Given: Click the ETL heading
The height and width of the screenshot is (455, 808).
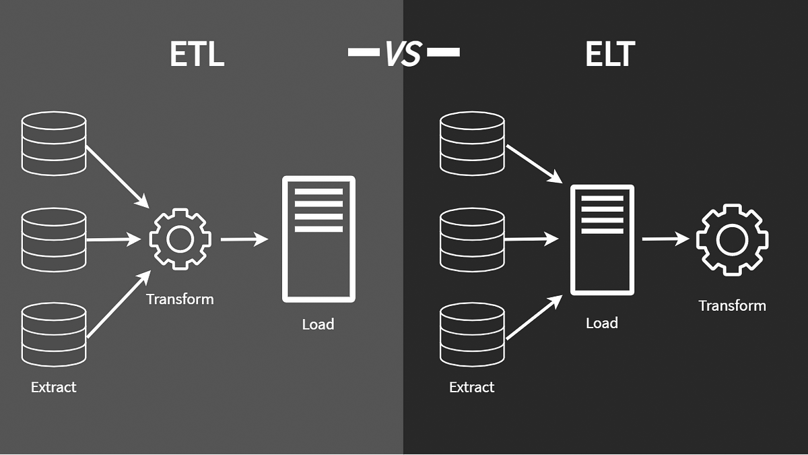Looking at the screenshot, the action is [x=197, y=54].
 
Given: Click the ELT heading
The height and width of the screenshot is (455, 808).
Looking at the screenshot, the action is [x=609, y=54].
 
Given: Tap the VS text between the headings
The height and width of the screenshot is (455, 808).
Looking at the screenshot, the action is [x=403, y=53].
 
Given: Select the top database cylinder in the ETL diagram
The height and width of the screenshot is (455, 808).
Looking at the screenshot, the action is [x=54, y=144].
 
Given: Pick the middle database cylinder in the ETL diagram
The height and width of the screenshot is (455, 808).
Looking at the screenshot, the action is [x=54, y=240].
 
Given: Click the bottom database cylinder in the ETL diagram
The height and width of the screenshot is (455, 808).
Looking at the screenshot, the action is [x=54, y=335].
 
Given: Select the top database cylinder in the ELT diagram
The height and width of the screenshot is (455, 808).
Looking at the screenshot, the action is [x=472, y=144].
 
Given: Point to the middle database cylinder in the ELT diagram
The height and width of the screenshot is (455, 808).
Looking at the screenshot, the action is [x=472, y=240].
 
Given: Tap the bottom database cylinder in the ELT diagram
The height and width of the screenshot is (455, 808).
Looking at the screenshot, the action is [x=472, y=335].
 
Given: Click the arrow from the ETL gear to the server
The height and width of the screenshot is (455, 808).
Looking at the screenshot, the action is [x=244, y=239].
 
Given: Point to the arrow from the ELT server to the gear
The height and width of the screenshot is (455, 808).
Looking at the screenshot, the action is [x=665, y=239].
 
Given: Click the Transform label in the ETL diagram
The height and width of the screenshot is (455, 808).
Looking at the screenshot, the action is [x=180, y=299].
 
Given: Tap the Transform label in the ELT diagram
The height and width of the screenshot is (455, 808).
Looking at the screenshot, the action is [x=733, y=306].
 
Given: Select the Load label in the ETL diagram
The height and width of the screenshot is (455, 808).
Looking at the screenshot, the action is [x=318, y=324].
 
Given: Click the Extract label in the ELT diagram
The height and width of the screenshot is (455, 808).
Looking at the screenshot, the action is [x=471, y=387].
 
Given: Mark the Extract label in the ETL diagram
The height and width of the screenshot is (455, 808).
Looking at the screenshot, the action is [x=53, y=387].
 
